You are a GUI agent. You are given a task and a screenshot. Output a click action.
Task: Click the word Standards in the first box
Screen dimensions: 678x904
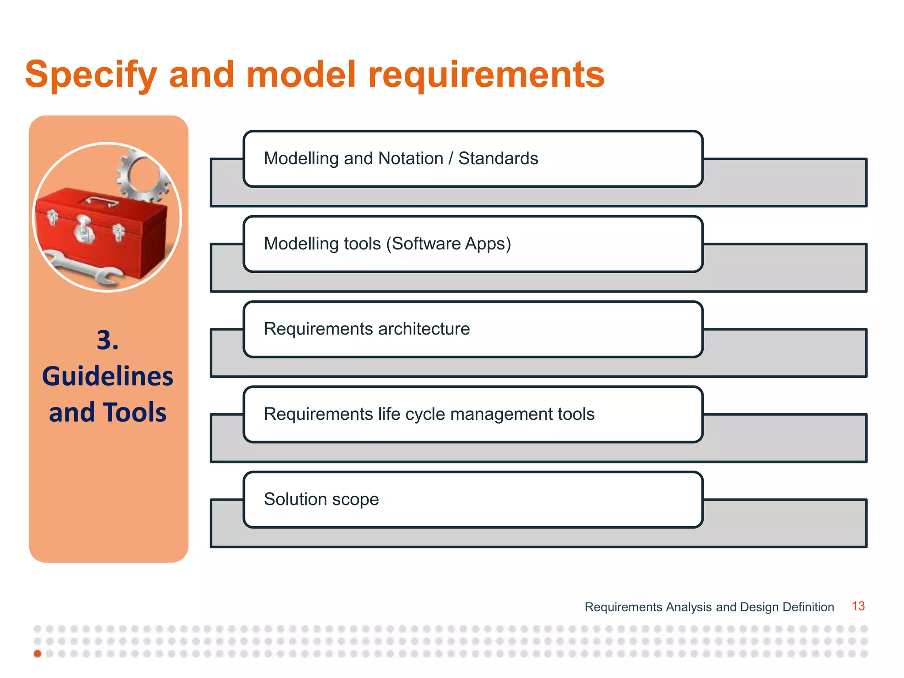tap(498, 158)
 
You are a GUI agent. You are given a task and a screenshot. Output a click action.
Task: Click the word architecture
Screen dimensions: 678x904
tap(424, 329)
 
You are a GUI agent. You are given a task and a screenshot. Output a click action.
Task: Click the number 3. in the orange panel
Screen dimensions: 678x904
tap(108, 340)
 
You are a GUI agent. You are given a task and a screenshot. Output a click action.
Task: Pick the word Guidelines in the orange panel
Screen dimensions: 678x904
tap(108, 377)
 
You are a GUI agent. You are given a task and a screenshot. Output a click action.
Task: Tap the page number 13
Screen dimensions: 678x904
tap(858, 606)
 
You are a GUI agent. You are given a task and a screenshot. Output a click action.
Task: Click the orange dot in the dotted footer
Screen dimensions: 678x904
tap(38, 654)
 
